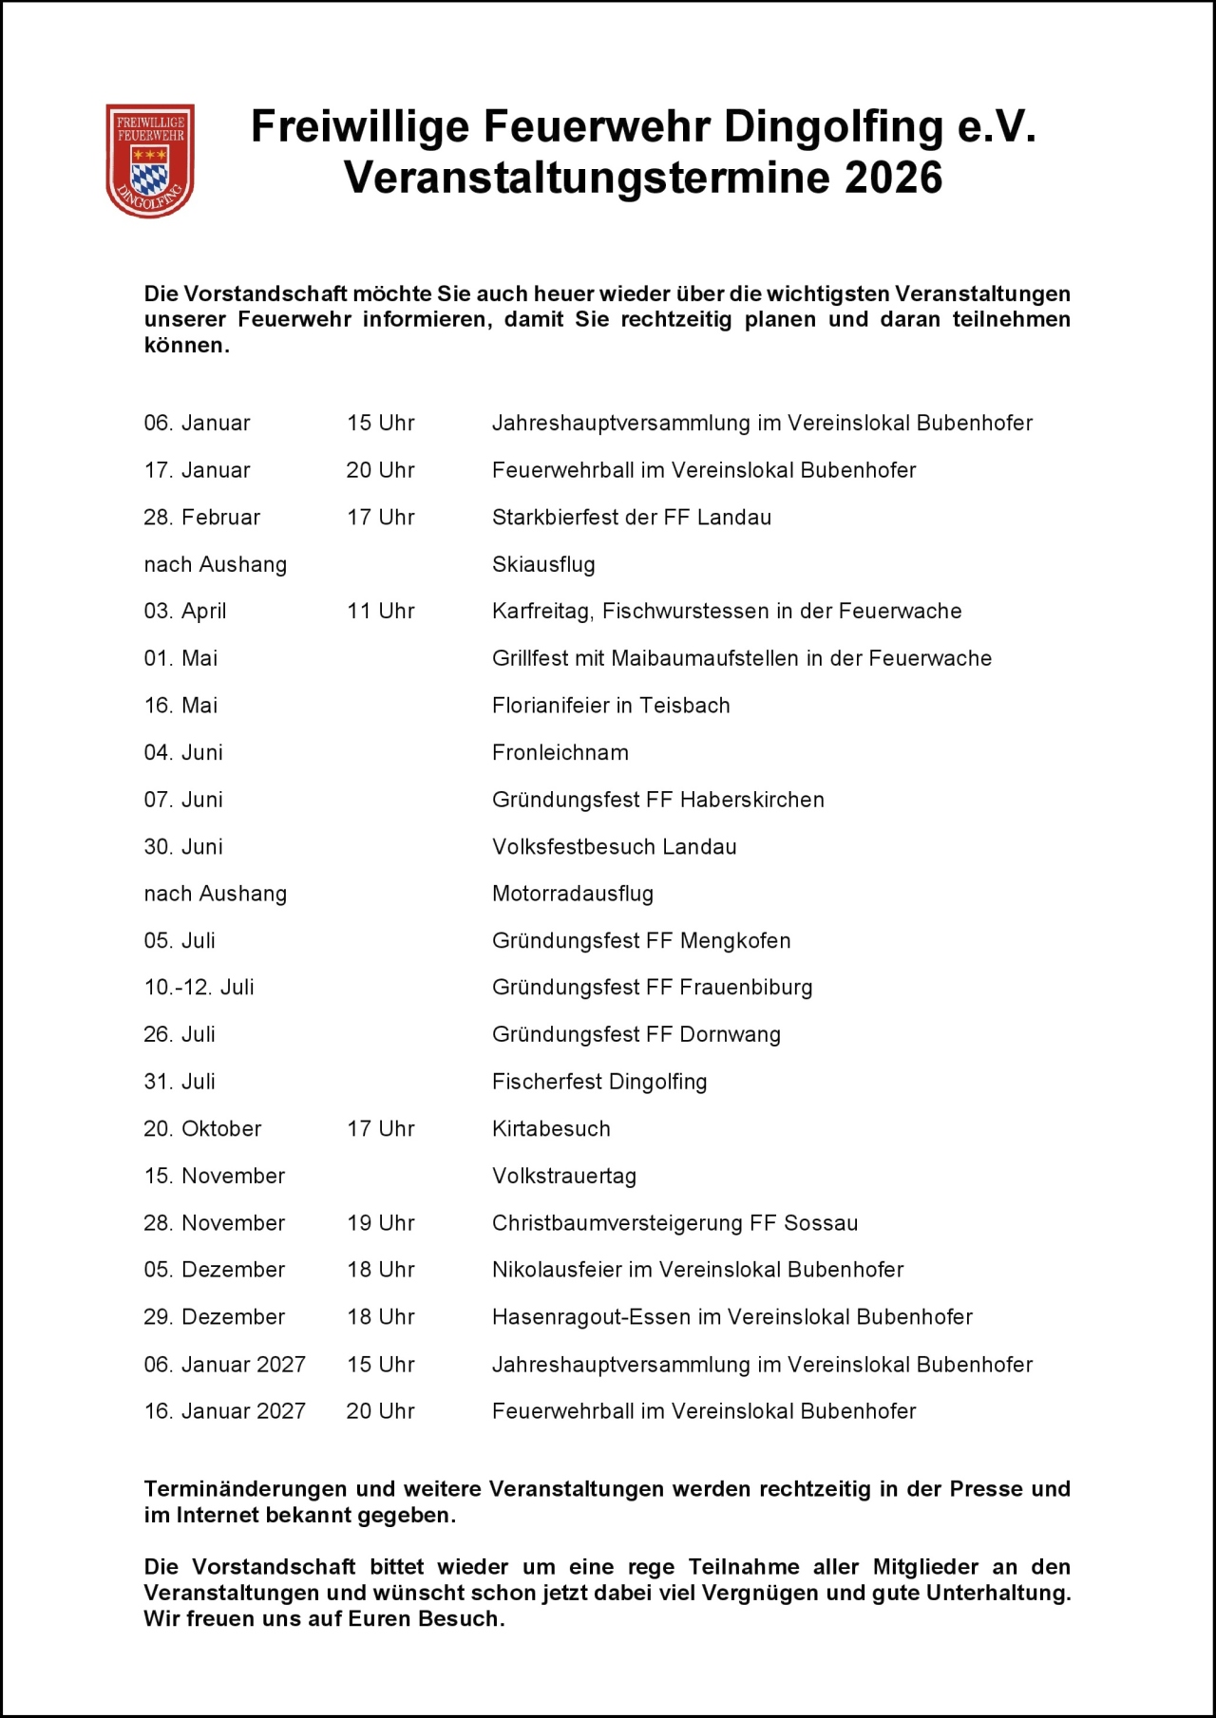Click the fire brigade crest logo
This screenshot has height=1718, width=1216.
pyautogui.click(x=150, y=160)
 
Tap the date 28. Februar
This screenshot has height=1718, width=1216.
pyautogui.click(x=201, y=518)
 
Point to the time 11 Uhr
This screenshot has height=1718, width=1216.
pyautogui.click(x=380, y=612)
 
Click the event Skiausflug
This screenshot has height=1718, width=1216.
pyautogui.click(x=543, y=565)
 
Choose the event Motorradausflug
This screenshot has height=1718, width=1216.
pyautogui.click(x=572, y=894)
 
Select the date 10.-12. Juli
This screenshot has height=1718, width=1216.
pyautogui.click(x=199, y=988)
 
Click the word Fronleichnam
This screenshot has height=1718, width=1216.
pyautogui.click(x=560, y=753)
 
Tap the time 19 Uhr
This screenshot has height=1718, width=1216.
pyautogui.click(x=380, y=1223)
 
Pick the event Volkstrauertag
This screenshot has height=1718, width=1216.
pyautogui.click(x=563, y=1177)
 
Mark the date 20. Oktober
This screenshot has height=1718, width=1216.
pyautogui.click(x=202, y=1129)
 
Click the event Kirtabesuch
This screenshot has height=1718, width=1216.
pyautogui.click(x=551, y=1129)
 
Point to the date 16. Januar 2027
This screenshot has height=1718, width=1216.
pyautogui.click(x=224, y=1411)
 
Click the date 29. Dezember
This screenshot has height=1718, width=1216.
pyautogui.click(x=214, y=1317)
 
